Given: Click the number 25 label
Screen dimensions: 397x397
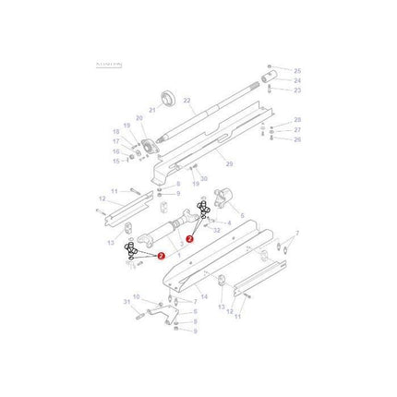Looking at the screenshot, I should [297, 70].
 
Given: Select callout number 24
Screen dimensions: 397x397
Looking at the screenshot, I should [297, 80].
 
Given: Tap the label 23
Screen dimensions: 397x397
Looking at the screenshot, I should [297, 90].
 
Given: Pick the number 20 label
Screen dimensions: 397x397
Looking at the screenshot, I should [139, 118].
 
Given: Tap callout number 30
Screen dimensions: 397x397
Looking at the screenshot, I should [204, 178].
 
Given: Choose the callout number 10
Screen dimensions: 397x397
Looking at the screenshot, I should [137, 296].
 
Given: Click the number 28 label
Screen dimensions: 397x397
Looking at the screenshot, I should [297, 120].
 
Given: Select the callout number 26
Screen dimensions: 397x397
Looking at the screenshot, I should [297, 140].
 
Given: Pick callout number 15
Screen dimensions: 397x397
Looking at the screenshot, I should [116, 160].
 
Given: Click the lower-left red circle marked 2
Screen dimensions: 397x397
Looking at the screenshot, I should [162, 257].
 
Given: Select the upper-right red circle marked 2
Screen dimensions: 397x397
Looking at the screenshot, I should [189, 239].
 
